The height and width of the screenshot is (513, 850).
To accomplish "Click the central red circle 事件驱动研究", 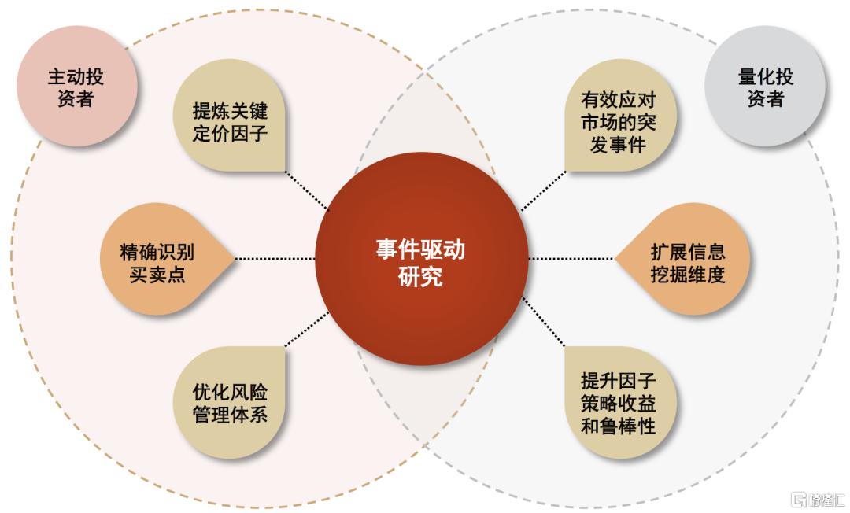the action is tap(422, 259).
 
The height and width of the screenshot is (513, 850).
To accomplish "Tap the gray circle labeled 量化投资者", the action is tap(765, 87).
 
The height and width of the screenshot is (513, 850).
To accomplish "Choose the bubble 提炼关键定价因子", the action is tap(230, 116).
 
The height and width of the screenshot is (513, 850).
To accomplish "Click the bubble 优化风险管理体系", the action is tap(230, 402).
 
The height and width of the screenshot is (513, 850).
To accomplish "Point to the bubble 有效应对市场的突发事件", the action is tap(620, 116).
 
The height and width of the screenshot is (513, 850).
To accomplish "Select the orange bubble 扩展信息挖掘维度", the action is tap(683, 259).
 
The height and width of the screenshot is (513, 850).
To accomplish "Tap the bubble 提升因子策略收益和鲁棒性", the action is tap(620, 402).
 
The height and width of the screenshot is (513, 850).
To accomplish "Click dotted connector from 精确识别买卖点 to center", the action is tap(275, 258).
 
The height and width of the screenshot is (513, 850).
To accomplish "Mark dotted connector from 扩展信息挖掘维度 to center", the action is tap(571, 258).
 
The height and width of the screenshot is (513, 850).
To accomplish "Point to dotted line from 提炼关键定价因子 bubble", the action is tap(307, 190).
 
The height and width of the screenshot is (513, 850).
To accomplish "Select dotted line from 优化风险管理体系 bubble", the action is tap(307, 329).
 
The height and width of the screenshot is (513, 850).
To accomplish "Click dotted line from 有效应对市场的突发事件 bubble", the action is tap(543, 190).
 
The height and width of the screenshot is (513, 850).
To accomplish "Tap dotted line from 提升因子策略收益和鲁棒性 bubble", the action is tap(544, 322).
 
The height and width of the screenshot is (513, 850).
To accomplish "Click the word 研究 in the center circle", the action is tap(420, 276).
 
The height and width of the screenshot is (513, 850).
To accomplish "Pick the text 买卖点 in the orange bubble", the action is tap(157, 274).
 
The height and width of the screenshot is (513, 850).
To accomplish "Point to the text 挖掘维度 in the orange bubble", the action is tap(687, 274).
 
